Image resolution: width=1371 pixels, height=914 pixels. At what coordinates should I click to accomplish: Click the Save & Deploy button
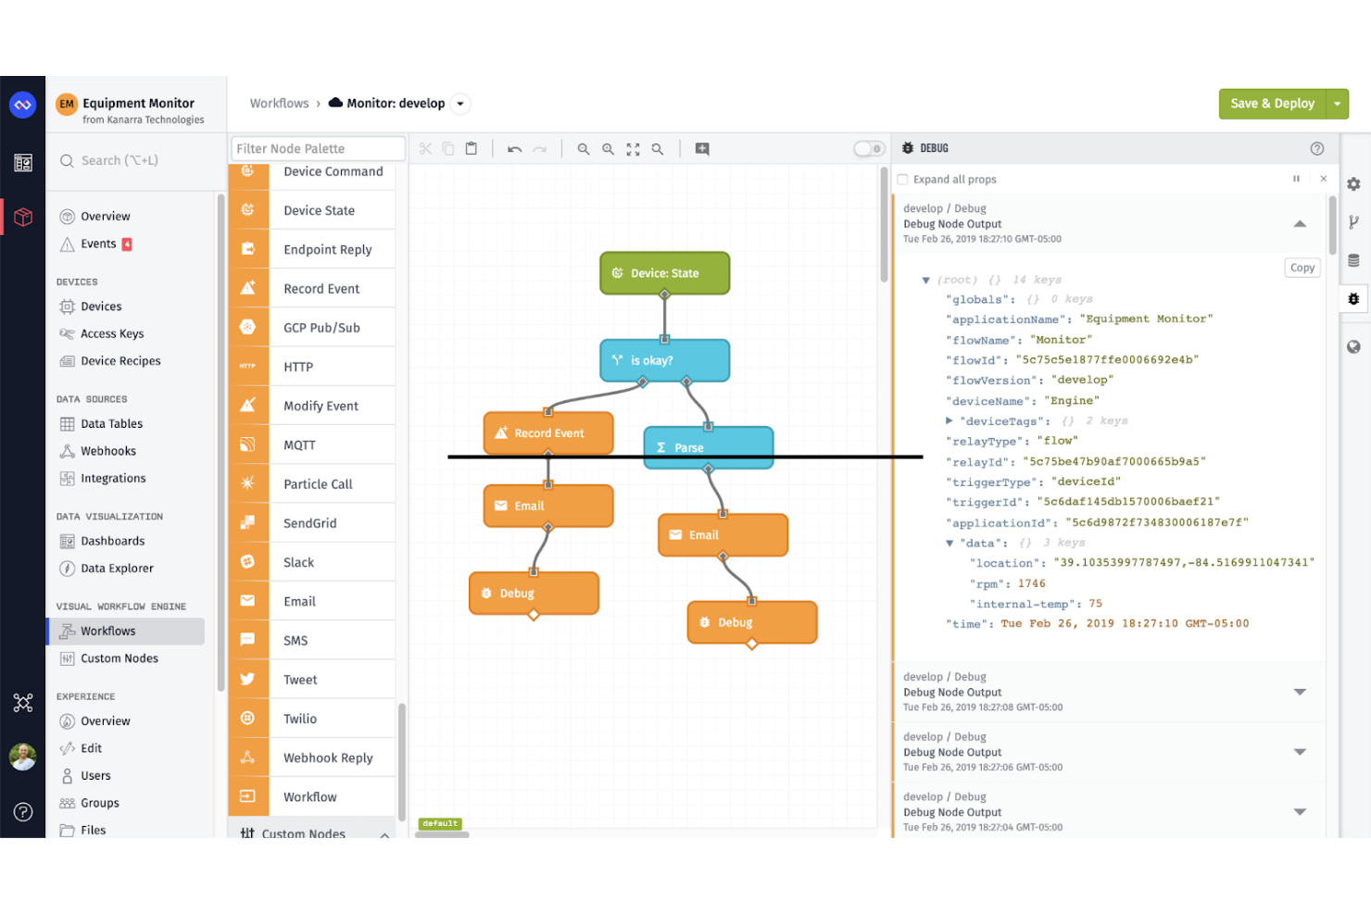click(x=1272, y=104)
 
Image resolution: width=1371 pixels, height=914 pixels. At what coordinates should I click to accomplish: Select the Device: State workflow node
click(x=664, y=273)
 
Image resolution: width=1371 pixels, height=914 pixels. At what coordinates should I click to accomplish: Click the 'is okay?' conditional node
click(x=664, y=360)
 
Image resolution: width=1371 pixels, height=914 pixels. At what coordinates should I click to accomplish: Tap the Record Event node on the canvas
click(x=548, y=432)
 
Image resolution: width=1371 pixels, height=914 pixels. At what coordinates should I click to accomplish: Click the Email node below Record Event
click(x=548, y=506)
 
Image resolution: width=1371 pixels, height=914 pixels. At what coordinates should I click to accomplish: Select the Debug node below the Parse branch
click(x=751, y=622)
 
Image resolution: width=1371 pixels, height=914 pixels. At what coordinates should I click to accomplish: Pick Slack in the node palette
click(x=298, y=562)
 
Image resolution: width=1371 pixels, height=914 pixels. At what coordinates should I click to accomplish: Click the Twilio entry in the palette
click(x=300, y=719)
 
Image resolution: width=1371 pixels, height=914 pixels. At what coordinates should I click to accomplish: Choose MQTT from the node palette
click(x=299, y=445)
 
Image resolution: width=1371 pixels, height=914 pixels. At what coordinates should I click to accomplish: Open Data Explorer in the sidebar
click(x=117, y=569)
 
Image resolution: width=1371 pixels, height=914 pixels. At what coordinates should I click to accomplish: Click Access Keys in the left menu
click(x=112, y=333)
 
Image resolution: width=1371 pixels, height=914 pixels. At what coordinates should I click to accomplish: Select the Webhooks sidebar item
click(x=108, y=451)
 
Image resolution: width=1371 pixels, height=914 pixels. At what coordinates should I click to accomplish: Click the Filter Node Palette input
click(x=317, y=148)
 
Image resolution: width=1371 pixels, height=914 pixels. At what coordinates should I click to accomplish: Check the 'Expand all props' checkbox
click(x=902, y=180)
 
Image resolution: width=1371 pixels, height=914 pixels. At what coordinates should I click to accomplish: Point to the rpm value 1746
click(x=1031, y=583)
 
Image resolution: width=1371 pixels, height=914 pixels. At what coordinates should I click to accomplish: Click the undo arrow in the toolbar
click(x=514, y=149)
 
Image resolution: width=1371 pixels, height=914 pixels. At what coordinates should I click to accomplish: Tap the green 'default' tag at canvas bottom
click(x=439, y=823)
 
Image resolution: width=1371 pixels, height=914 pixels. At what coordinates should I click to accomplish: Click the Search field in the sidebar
click(x=130, y=160)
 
